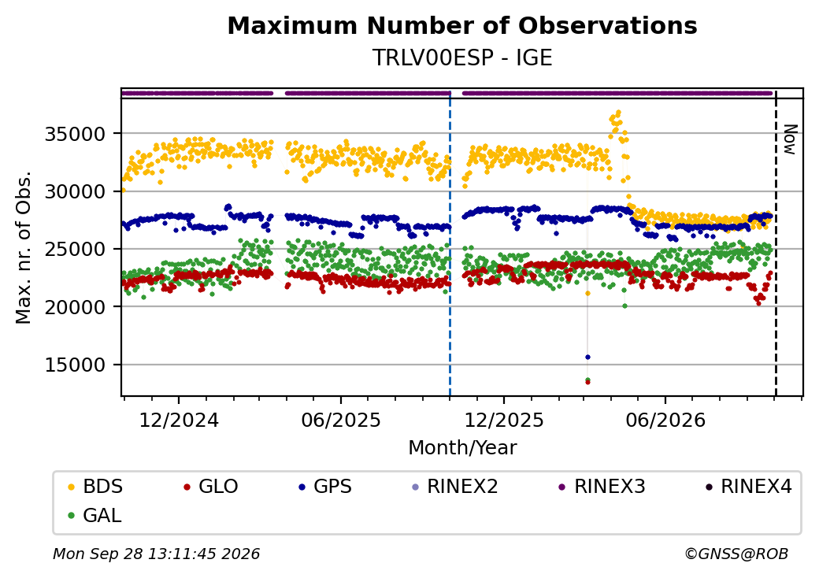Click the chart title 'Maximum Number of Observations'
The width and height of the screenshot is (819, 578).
click(x=462, y=25)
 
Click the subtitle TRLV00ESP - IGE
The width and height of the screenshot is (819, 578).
click(x=462, y=57)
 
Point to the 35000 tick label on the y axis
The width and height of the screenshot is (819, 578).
click(x=76, y=134)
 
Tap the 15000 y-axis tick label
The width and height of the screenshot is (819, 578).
click(x=76, y=365)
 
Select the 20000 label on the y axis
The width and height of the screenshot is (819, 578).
click(x=76, y=307)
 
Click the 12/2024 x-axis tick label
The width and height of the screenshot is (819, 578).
click(x=179, y=420)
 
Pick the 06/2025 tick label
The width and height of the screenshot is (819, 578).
click(x=341, y=420)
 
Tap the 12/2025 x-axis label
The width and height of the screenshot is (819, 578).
click(x=504, y=420)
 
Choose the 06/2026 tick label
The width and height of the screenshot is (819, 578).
click(x=665, y=420)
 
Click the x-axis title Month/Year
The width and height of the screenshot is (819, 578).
click(x=462, y=447)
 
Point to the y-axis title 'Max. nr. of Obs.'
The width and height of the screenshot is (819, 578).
click(x=24, y=247)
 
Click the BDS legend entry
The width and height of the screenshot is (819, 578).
click(x=95, y=487)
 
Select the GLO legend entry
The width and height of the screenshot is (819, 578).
click(x=211, y=487)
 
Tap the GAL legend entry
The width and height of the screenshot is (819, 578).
click(x=95, y=515)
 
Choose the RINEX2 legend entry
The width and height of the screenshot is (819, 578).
click(x=455, y=487)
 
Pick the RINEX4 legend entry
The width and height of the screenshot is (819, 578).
click(x=749, y=487)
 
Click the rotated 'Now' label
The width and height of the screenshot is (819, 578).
click(x=791, y=139)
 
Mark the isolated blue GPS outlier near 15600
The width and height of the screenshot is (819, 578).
click(x=587, y=358)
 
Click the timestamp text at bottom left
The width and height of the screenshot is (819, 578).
click(x=156, y=554)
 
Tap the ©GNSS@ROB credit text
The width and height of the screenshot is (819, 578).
click(x=736, y=554)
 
